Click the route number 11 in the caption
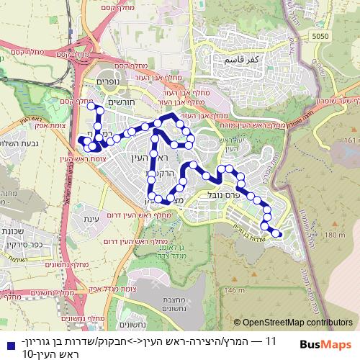pos(271,340)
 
